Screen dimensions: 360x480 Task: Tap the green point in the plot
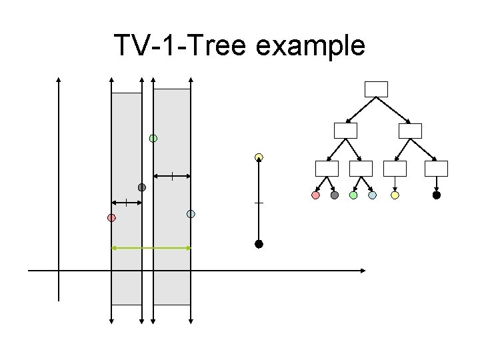(x=153, y=138)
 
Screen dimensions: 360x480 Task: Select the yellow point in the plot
(x=259, y=157)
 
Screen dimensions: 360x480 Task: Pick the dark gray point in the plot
(x=141, y=187)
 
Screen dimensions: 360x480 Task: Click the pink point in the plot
(x=111, y=218)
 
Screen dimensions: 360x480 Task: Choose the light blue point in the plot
(x=191, y=214)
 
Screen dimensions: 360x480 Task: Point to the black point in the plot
(x=259, y=244)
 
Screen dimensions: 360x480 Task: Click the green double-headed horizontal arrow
(x=151, y=247)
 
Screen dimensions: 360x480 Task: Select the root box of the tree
(x=376, y=89)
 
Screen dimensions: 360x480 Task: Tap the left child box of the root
(x=346, y=131)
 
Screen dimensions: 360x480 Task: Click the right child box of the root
(x=410, y=131)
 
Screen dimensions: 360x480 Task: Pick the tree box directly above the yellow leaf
(x=395, y=169)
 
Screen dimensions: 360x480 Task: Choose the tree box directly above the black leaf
(x=437, y=169)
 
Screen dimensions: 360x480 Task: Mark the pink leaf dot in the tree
(x=316, y=195)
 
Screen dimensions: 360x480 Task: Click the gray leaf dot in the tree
(x=335, y=195)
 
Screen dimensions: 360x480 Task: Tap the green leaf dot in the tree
(x=353, y=195)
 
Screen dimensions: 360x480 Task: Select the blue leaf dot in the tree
(x=372, y=195)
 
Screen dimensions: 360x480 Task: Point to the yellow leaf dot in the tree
(x=395, y=195)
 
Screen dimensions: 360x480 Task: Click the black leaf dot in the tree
(x=437, y=195)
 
